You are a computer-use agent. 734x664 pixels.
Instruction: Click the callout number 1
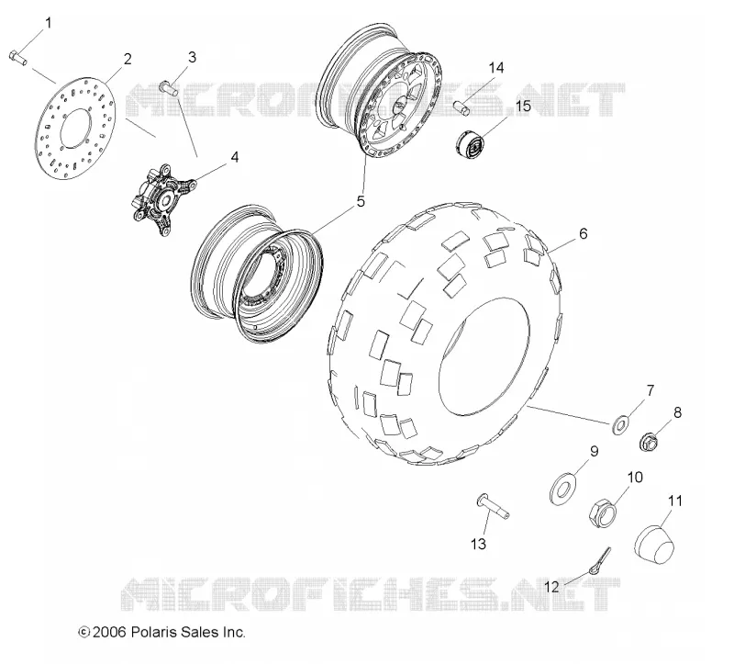click(x=49, y=22)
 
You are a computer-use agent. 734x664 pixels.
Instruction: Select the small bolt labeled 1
click(x=17, y=58)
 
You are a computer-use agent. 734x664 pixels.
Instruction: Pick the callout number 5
click(x=361, y=201)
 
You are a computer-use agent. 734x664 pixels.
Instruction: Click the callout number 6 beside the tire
click(x=583, y=233)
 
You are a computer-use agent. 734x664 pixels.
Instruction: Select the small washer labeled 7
click(x=620, y=425)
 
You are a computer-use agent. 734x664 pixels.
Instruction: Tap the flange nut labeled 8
click(x=649, y=442)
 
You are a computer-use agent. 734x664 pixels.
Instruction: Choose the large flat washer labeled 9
click(x=562, y=490)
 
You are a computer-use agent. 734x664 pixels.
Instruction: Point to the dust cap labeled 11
click(x=655, y=544)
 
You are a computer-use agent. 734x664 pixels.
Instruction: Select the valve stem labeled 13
click(x=493, y=507)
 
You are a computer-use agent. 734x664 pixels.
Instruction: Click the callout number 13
click(x=478, y=544)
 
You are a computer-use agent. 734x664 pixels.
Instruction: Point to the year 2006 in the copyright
click(x=109, y=632)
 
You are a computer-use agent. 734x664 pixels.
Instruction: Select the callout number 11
click(x=675, y=501)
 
